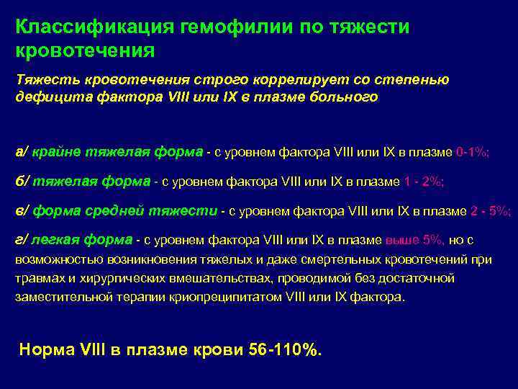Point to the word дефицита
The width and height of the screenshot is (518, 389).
point(45,97)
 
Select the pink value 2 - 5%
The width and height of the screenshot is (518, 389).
point(490,211)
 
